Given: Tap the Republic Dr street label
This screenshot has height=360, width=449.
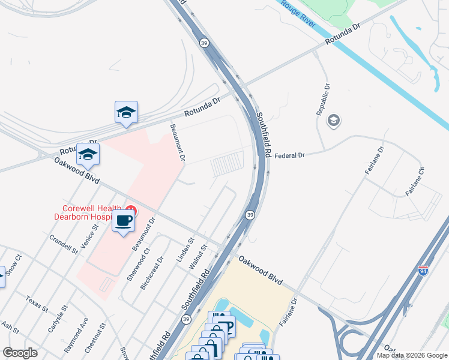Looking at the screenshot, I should [x=323, y=100].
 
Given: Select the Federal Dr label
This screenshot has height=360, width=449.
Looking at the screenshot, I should [x=289, y=155].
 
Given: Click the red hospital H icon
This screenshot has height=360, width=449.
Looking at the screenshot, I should [x=131, y=211].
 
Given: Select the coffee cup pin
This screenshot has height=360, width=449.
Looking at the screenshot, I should [x=124, y=221].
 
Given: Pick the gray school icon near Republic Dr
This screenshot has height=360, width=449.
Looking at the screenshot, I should [x=333, y=121].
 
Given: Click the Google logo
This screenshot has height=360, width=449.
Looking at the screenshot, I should [x=20, y=353].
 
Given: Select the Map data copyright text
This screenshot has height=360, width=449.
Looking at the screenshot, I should [x=411, y=355].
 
